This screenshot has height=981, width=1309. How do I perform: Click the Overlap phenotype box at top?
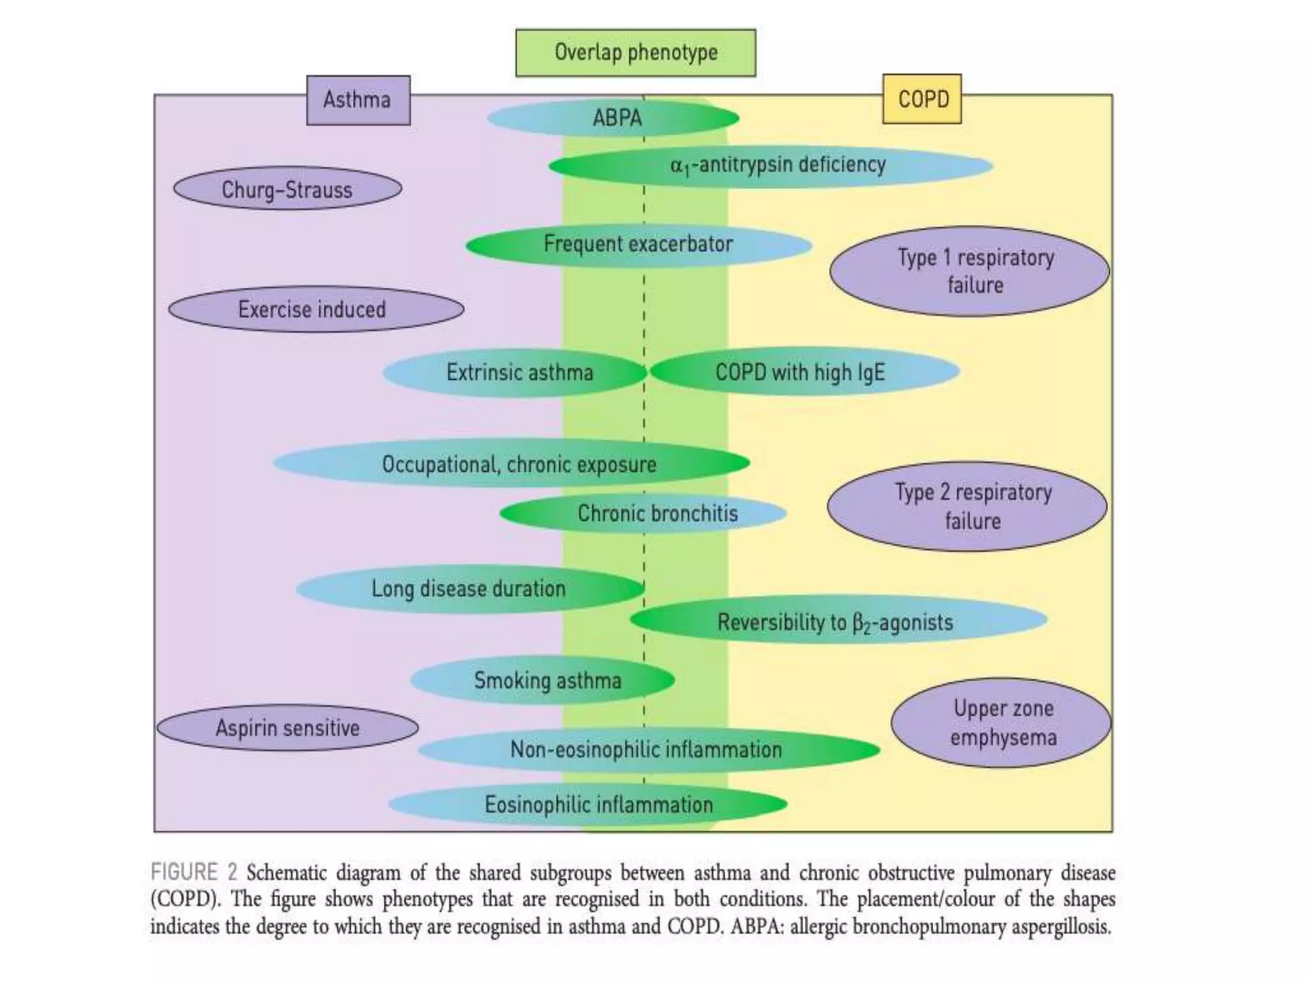coord(635,53)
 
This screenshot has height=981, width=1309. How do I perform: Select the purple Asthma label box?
coord(358,100)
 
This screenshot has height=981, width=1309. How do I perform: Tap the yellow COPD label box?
coord(922,99)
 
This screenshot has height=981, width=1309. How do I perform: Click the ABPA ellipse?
coord(614,118)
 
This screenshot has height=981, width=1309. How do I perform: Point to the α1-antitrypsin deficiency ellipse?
coord(770,166)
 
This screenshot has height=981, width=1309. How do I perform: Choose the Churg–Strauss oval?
coord(288,190)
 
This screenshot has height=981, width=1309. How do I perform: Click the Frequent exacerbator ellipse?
coord(638,245)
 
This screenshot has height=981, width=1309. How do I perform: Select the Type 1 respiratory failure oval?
coord(969,271)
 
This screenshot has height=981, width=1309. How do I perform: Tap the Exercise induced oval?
coord(316,309)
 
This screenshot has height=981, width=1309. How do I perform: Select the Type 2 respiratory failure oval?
coord(966,506)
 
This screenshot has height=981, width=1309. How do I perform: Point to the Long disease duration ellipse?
coord(470,589)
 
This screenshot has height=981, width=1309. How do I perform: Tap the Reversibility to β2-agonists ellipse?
coord(837,621)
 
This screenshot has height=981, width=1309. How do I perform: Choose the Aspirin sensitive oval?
coord(288,728)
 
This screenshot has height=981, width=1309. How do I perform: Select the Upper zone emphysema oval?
coord(1001,723)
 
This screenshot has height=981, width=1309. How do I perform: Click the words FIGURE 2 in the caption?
coord(194,872)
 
